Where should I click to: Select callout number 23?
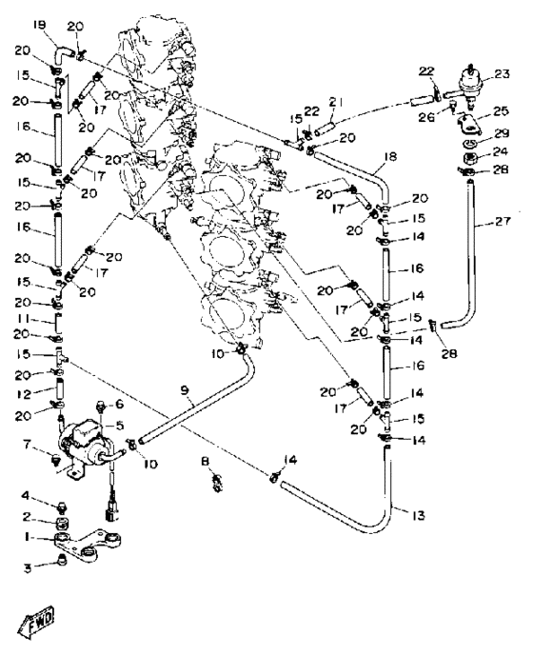tap(502, 74)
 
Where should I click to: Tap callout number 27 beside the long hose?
tap(503, 221)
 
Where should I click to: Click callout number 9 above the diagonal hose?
tap(185, 390)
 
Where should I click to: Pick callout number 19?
tap(40, 27)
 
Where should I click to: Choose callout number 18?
tap(390, 157)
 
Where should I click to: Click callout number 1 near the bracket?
tap(27, 537)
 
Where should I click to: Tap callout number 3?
tap(28, 568)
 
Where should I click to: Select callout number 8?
tap(205, 461)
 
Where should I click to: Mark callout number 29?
tap(502, 133)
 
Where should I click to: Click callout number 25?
tap(501, 111)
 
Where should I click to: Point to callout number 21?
tap(336, 102)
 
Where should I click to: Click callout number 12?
tap(24, 393)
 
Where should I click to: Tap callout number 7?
tap(27, 445)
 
